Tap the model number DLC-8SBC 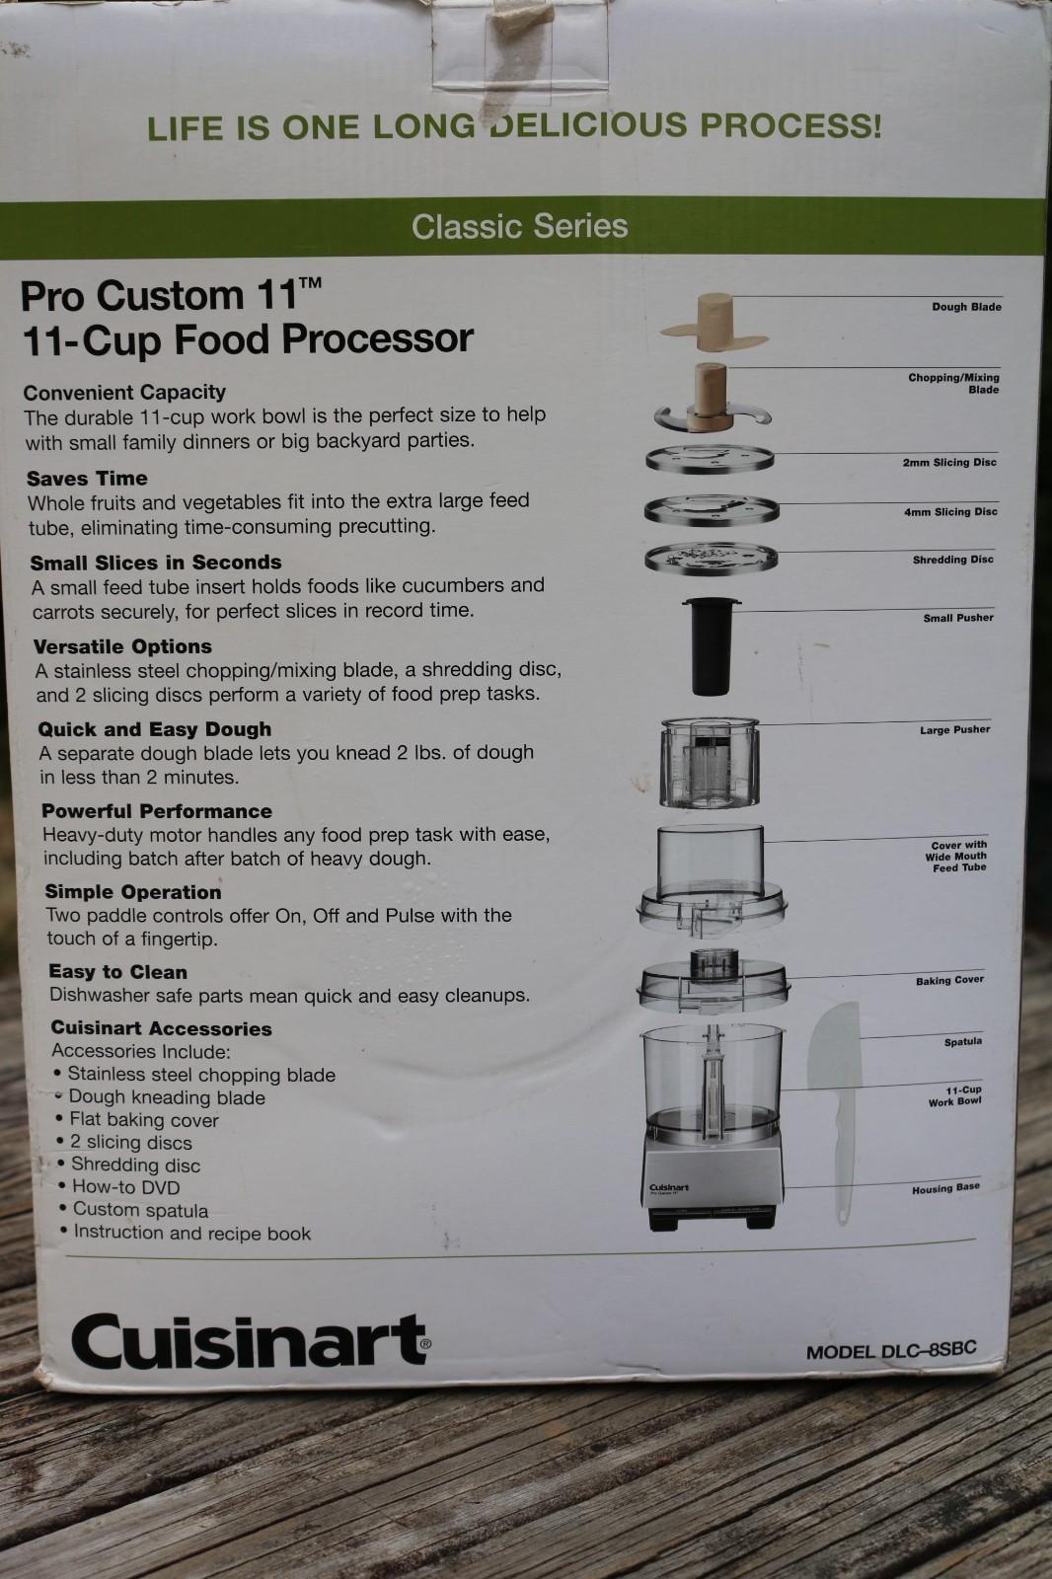(891, 1350)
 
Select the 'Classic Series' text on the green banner (520, 226)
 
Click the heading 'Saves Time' (87, 479)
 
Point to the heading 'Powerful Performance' (157, 811)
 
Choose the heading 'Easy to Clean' (117, 972)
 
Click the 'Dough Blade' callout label (966, 307)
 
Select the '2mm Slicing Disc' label (949, 462)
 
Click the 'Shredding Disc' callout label (952, 560)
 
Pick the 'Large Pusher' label (954, 730)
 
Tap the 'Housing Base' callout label (945, 1189)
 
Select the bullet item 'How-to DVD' (125, 1187)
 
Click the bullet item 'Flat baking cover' (144, 1120)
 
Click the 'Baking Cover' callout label (949, 981)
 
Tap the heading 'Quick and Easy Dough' (155, 729)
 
